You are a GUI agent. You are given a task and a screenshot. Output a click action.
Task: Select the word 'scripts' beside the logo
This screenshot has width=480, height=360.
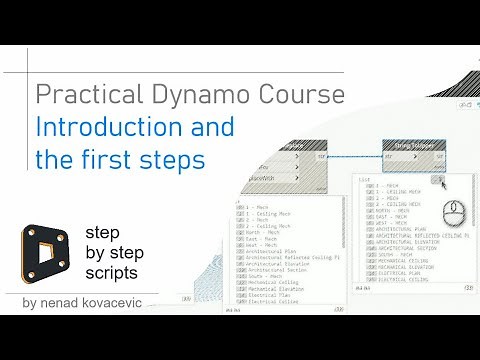coord(111,271)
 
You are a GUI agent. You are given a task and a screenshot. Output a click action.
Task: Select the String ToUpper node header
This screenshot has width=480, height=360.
coord(414,146)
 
